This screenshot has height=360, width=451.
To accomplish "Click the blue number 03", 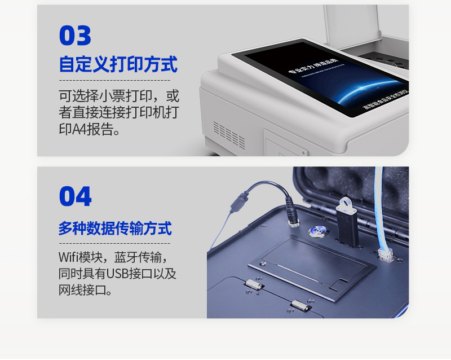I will coord(75,36).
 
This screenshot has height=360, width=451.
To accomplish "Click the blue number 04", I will coord(75,196).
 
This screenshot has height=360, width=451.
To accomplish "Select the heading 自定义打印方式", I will coord(118,64).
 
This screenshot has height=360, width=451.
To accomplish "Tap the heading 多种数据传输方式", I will coord(115,229).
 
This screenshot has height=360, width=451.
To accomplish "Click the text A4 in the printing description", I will coord(79,130).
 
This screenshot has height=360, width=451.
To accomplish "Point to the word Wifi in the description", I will coord(70,257).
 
